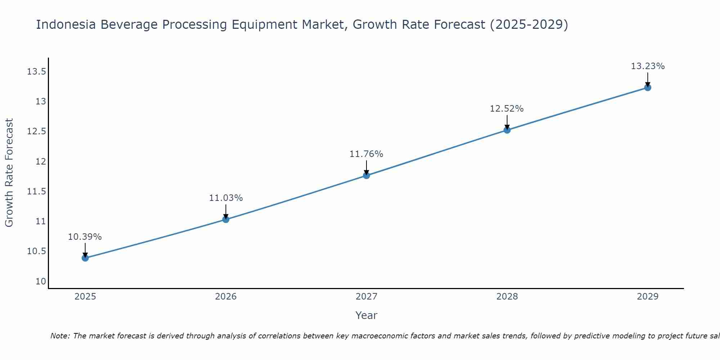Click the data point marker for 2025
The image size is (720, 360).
click(x=85, y=258)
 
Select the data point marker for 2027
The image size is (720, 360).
click(x=366, y=175)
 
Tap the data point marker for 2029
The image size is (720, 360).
click(x=648, y=87)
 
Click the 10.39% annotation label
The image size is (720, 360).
click(x=85, y=237)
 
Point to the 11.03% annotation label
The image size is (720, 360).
click(x=226, y=198)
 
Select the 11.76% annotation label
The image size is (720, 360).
click(x=366, y=154)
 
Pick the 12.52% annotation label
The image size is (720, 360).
click(x=507, y=109)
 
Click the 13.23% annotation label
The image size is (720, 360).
click(x=648, y=66)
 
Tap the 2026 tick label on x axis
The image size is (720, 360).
click(x=226, y=297)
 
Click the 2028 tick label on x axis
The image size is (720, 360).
click(x=507, y=297)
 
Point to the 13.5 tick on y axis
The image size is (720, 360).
click(x=36, y=72)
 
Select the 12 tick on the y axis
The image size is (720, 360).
click(x=41, y=161)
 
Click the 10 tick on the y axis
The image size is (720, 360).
click(x=41, y=281)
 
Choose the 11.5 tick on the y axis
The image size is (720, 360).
click(x=36, y=191)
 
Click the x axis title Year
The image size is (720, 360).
click(x=366, y=315)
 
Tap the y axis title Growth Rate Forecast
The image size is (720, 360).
click(x=9, y=172)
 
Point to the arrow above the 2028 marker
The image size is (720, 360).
click(x=507, y=122)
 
